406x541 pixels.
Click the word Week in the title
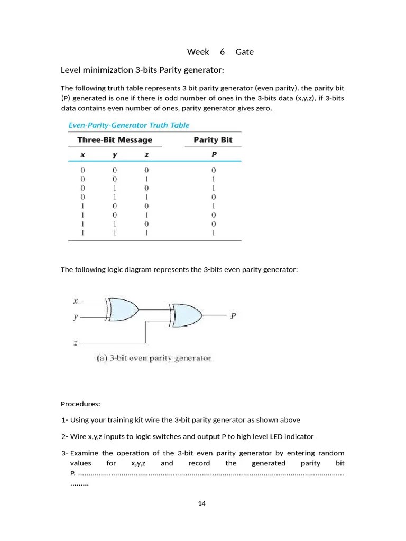pos(198,52)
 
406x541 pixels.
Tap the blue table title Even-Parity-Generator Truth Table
pos(129,125)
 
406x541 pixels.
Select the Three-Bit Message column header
pos(115,140)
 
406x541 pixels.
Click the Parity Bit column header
pos(213,140)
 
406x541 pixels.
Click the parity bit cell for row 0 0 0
pos(213,170)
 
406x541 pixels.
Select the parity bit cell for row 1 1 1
pos(213,232)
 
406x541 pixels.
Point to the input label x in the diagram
pos(76,301)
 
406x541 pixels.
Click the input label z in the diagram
pos(76,342)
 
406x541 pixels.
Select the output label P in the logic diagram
pos(233,316)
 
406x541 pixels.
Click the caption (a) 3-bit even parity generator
pos(154,358)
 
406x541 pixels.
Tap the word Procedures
pos(80,404)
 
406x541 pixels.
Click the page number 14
pos(201,503)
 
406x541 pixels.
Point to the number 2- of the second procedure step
pos(64,436)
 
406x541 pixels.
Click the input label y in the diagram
pos(76,317)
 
